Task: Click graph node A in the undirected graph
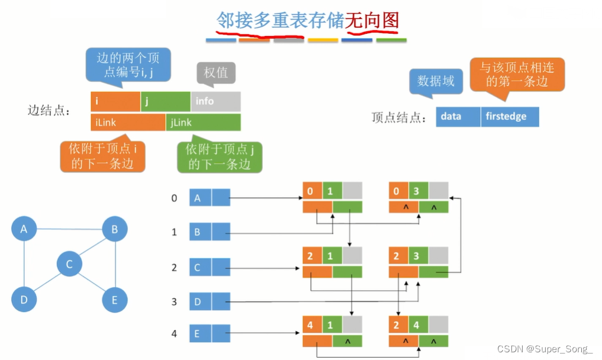24,229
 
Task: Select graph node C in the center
69,263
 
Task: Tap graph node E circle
115,300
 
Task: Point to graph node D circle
24,300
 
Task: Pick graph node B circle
115,229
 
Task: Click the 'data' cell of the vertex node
458,117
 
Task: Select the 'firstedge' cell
509,117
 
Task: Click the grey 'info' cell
215,101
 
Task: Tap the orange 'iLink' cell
128,122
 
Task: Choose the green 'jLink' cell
203,122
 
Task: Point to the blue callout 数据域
436,81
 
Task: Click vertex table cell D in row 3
201,302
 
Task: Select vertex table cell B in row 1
201,232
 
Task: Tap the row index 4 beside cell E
174,334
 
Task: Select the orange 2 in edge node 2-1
310,256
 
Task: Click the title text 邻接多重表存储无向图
307,22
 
